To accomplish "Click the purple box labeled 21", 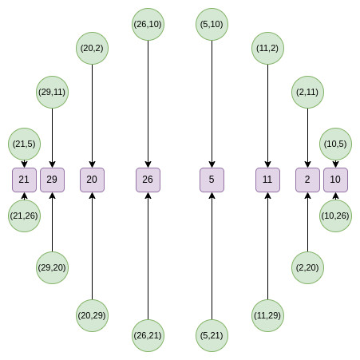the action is (24, 180).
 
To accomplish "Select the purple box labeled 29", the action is (52, 180).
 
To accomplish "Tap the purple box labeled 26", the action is (148, 180).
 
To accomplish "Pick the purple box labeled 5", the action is (212, 180).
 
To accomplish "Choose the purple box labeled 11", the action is (267, 180).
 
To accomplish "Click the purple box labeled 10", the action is (335, 180).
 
